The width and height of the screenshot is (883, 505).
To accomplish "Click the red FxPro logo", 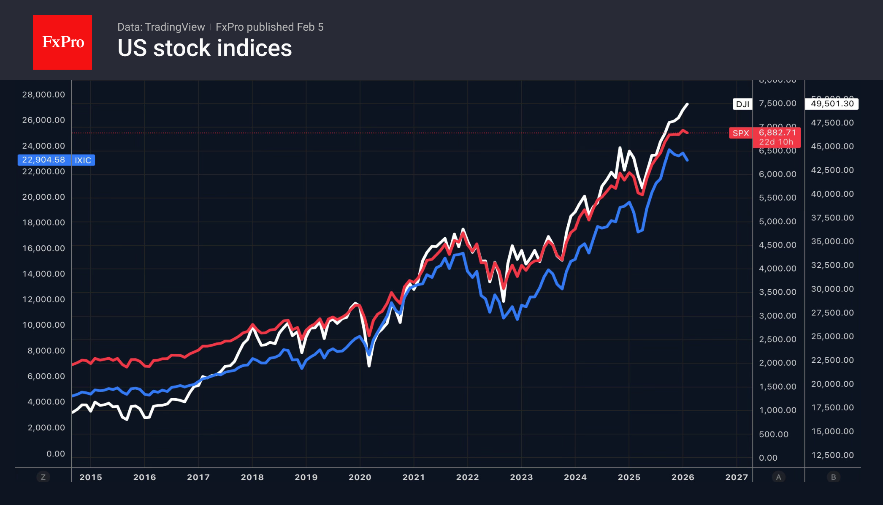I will point(62,42).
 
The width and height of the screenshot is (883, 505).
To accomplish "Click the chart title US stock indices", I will point(205,48).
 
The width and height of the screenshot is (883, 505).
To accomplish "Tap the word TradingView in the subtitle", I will point(175,27).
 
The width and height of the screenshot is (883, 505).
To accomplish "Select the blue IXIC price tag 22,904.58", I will point(44,160).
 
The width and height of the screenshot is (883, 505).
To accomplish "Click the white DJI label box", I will point(742,104).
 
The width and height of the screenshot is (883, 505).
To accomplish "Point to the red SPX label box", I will point(741,133).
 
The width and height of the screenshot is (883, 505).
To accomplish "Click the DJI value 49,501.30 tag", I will point(832,104).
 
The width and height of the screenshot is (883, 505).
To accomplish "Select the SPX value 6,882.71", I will point(777,133).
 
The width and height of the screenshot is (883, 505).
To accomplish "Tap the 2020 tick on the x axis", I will point(360,477).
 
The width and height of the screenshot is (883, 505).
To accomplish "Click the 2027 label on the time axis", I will point(737,477).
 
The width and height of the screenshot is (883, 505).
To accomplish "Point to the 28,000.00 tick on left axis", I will point(44,95).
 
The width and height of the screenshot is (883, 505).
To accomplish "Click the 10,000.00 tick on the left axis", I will point(44,325).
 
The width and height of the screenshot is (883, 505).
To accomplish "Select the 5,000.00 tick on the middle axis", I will point(777,221).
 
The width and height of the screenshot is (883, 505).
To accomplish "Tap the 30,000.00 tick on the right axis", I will point(832,289).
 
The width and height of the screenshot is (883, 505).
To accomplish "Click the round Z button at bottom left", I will point(43,477).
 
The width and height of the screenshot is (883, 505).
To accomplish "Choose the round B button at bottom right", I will point(833,477).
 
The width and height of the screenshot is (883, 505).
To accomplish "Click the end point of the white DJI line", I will point(687,104).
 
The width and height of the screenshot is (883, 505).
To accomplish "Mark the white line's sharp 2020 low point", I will point(369,366).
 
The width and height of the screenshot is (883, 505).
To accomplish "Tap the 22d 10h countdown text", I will point(776,142).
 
